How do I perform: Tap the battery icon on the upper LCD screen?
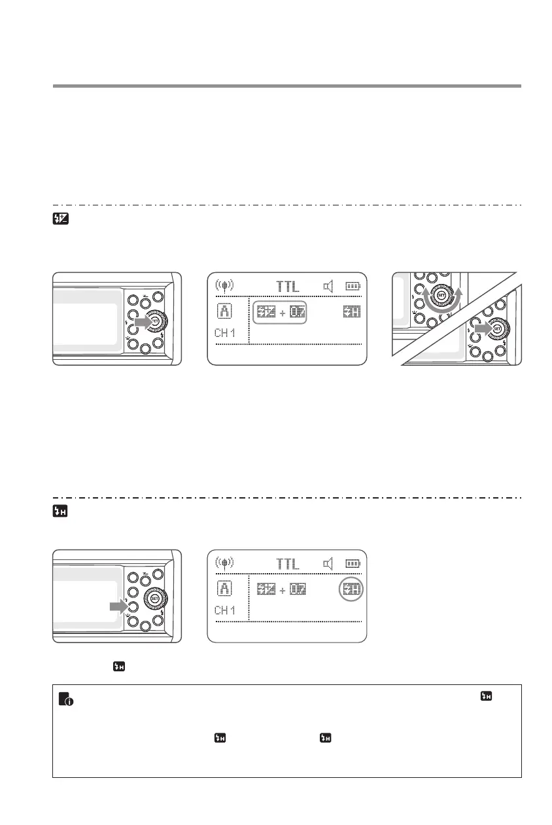353,286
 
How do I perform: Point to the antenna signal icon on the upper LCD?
225,286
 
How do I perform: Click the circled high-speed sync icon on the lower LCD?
352,589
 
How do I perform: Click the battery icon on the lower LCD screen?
353,563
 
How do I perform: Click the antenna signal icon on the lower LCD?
225,563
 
